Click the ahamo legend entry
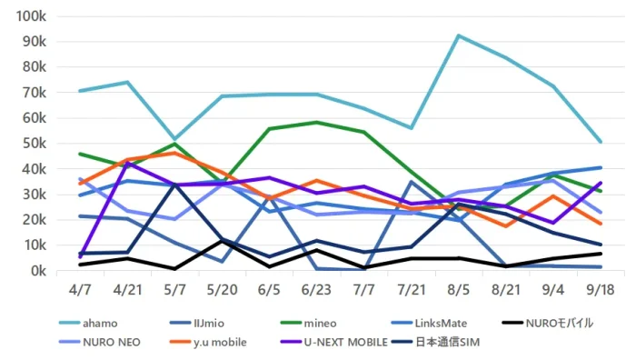(x=88, y=323)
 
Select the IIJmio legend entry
(x=197, y=323)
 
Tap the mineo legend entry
(x=308, y=323)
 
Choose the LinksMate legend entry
(x=429, y=323)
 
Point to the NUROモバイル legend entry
(x=548, y=323)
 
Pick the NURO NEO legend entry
(x=100, y=342)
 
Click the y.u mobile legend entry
(x=208, y=342)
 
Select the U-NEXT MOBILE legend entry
(x=334, y=342)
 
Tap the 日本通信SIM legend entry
(x=435, y=342)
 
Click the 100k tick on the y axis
(x=31, y=16)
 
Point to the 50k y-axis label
(x=35, y=144)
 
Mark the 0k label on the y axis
(x=38, y=270)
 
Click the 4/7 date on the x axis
(x=80, y=290)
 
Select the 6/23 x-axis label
(x=316, y=290)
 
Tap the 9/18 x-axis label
(x=601, y=290)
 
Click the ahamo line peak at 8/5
(x=458, y=35)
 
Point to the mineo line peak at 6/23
(x=316, y=122)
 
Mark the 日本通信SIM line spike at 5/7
(x=174, y=185)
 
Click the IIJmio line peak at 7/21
(x=412, y=182)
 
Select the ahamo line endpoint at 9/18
(x=601, y=142)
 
